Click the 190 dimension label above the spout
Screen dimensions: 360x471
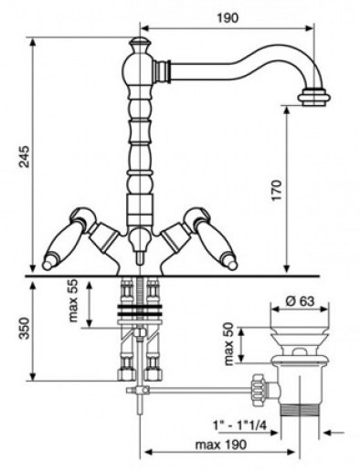point(228,18)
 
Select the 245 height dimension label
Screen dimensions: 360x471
point(24,157)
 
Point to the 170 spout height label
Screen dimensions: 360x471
point(277,191)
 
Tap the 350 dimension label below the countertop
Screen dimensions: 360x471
point(24,329)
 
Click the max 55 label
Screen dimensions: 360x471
point(73,301)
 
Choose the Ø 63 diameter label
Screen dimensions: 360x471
point(300,301)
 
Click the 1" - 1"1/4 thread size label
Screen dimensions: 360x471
point(239,425)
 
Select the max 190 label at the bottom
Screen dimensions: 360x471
point(221,445)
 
